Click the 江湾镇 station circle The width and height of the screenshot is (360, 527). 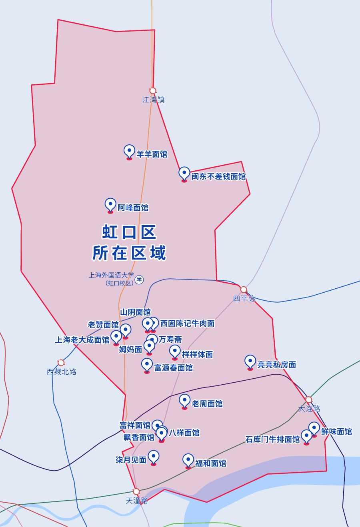153,91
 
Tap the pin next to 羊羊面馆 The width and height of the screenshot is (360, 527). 129,152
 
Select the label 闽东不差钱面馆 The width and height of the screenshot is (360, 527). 218,176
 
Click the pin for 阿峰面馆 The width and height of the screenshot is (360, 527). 110,205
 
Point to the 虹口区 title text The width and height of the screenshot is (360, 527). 129,232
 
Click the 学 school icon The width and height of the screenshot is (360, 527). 139,279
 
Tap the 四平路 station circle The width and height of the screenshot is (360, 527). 244,289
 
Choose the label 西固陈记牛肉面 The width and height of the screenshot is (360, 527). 188,323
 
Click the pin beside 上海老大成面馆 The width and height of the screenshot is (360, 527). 116,337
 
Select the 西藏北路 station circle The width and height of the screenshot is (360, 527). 61,363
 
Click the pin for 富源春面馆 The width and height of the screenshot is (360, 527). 147,365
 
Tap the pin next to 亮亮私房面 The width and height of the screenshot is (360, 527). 250,362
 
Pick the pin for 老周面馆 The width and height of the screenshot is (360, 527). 184,401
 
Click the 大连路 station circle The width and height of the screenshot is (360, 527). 308,399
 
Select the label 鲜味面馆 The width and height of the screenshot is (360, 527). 336,432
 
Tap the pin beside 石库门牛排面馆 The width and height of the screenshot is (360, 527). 306,436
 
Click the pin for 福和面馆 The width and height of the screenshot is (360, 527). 188,461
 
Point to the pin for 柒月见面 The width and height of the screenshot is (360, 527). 154,457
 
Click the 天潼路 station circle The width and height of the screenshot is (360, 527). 136,491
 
